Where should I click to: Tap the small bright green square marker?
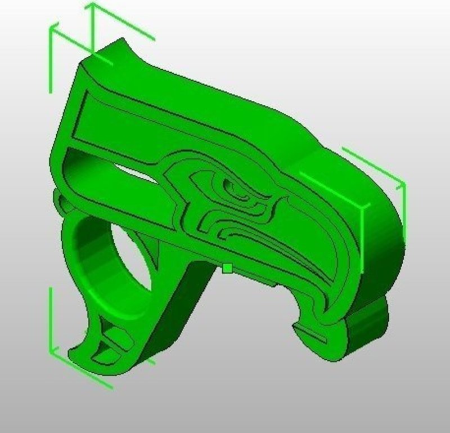pyautogui.click(x=227, y=268)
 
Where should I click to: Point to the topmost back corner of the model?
pyautogui.click(x=121, y=41)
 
